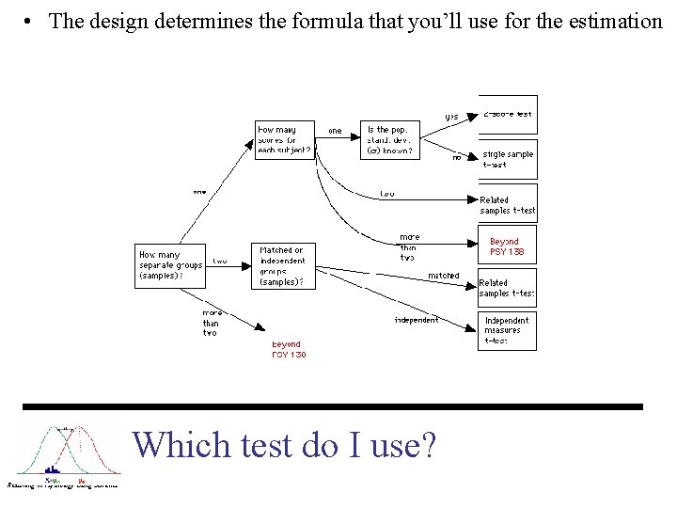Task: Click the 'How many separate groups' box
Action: (170, 264)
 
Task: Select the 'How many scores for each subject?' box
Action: (285, 139)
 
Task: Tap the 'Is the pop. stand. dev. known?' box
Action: (389, 139)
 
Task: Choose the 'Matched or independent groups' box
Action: (284, 265)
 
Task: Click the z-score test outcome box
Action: (508, 114)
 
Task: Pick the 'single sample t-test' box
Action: (508, 158)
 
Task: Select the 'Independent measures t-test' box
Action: (508, 330)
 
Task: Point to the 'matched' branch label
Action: (443, 276)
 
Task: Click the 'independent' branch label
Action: (416, 320)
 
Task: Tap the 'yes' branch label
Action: (451, 117)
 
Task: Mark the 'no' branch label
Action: (457, 157)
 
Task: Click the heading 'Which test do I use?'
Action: (284, 444)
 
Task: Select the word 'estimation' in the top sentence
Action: (616, 21)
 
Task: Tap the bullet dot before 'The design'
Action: (31, 21)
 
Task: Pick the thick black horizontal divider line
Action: (333, 406)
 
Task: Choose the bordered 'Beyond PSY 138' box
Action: (507, 246)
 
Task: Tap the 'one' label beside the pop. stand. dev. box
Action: (335, 130)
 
